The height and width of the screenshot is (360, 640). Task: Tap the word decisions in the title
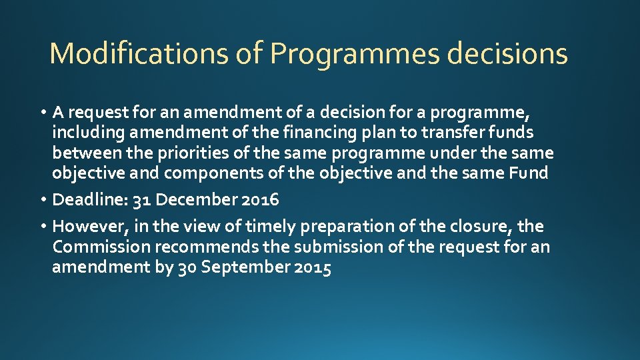pyautogui.click(x=507, y=54)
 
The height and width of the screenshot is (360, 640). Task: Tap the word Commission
pyautogui.click(x=101, y=247)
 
